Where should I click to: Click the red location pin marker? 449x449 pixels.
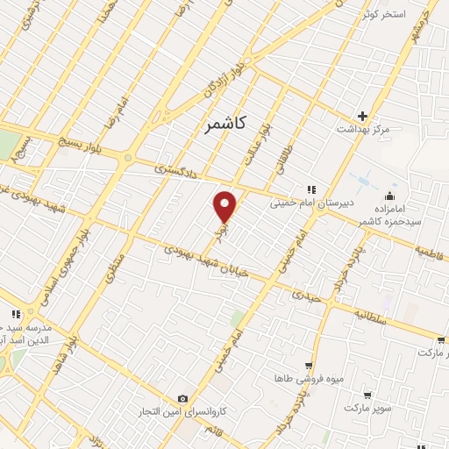(x=225, y=206)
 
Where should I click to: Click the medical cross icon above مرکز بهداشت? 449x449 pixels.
(x=362, y=116)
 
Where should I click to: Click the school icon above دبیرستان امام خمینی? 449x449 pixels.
(x=310, y=189)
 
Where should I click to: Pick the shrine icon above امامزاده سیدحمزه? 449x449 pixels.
(x=390, y=195)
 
